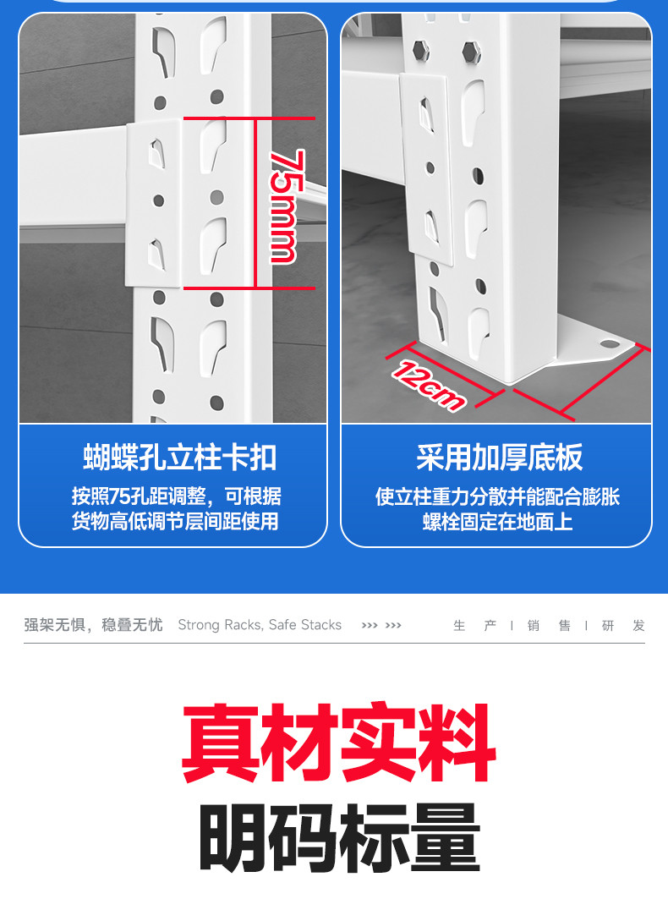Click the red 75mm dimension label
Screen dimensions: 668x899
coord(284,206)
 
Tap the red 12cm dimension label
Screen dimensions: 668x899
coord(428,386)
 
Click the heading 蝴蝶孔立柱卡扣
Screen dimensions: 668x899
coord(180,458)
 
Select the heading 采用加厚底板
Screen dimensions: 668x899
coord(500,457)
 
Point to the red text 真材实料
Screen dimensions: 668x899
coord(338,743)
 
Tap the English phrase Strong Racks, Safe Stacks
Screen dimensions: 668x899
coord(260,625)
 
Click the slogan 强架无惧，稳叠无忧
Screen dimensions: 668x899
coord(94,625)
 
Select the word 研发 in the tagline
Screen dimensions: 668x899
coord(623,626)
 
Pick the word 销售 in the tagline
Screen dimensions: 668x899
coord(549,626)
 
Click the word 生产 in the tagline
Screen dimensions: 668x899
coord(474,626)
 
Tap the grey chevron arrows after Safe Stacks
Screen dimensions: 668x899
coord(381,626)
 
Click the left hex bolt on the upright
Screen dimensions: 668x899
coord(420,50)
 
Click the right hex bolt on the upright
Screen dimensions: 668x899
coord(471,52)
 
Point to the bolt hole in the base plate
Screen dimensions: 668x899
coord(610,344)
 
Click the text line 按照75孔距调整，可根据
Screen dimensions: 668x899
coord(177,496)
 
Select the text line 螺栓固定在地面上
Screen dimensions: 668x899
coord(498,522)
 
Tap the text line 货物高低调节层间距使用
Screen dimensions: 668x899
coord(176,522)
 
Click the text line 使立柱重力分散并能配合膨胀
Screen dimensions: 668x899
coord(498,496)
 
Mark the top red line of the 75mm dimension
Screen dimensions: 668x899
coord(249,118)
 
